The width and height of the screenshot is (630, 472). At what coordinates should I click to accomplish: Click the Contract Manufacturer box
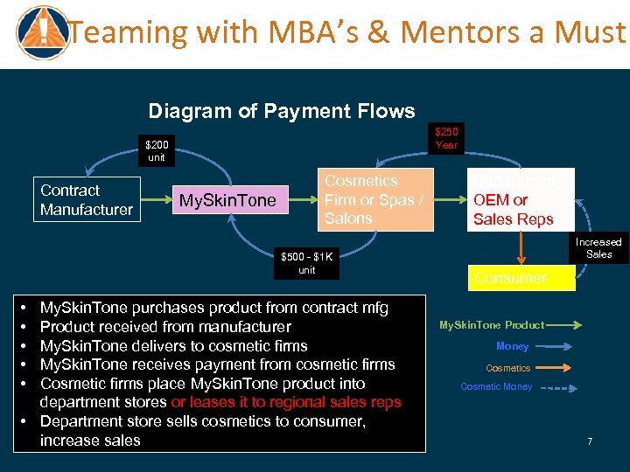tap(87, 199)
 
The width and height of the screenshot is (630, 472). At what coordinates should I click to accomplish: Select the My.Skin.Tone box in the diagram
tap(227, 201)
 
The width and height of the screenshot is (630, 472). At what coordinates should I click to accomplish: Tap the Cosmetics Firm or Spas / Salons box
tap(374, 199)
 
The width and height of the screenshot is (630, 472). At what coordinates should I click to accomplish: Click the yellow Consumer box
tap(521, 278)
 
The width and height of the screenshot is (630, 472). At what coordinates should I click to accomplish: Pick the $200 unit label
tap(157, 150)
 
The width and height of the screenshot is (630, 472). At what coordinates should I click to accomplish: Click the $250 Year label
tap(446, 138)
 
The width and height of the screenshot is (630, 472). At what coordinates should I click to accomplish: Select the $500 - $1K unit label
tap(306, 264)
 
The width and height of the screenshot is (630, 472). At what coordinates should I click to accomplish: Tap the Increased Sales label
tap(598, 247)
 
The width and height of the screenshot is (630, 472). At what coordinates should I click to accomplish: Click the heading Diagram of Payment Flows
tap(282, 111)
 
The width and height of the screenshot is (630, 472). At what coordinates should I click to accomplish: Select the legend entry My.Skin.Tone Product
tap(491, 325)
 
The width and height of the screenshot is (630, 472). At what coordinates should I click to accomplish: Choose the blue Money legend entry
tap(513, 346)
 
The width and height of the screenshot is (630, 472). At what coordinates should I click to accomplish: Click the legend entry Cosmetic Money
tap(496, 386)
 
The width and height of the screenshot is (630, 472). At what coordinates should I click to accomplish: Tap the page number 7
tap(590, 441)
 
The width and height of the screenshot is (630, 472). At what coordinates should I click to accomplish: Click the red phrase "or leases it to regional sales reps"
tap(286, 402)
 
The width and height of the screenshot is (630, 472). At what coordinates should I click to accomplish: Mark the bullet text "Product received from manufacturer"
tap(165, 327)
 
